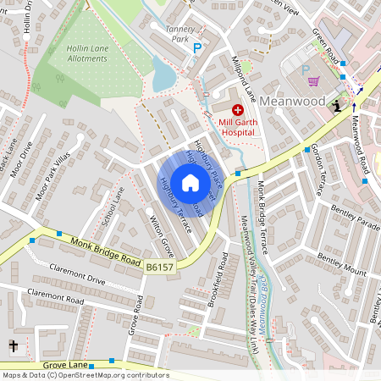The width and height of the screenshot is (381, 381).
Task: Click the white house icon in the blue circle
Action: coord(190,182)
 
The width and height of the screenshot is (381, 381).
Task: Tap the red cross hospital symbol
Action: coord(237,109)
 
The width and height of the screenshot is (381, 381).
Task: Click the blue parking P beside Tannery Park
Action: coord(197,49)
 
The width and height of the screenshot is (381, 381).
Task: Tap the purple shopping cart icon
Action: coord(314,81)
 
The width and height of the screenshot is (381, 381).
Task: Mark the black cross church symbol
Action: coord(13,345)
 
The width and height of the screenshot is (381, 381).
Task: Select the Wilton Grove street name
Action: coord(162,237)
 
